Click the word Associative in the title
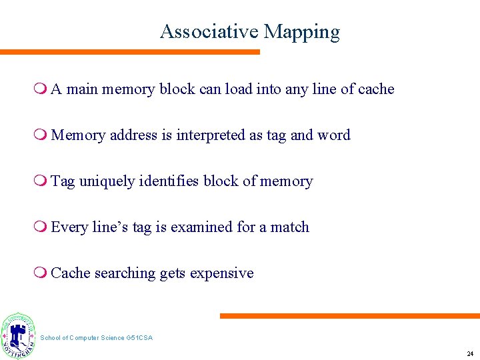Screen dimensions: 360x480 click(209, 32)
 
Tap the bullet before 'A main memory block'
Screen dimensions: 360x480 click(42, 89)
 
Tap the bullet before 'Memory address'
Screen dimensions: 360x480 click(42, 135)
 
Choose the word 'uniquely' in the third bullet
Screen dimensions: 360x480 click(105, 181)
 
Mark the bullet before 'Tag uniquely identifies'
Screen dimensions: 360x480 click(42, 181)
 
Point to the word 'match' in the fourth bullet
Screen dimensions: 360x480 click(290, 227)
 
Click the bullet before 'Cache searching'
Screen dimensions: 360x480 click(42, 273)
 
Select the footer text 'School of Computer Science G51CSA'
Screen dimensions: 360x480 click(97, 338)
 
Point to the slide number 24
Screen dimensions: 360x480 click(470, 354)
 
